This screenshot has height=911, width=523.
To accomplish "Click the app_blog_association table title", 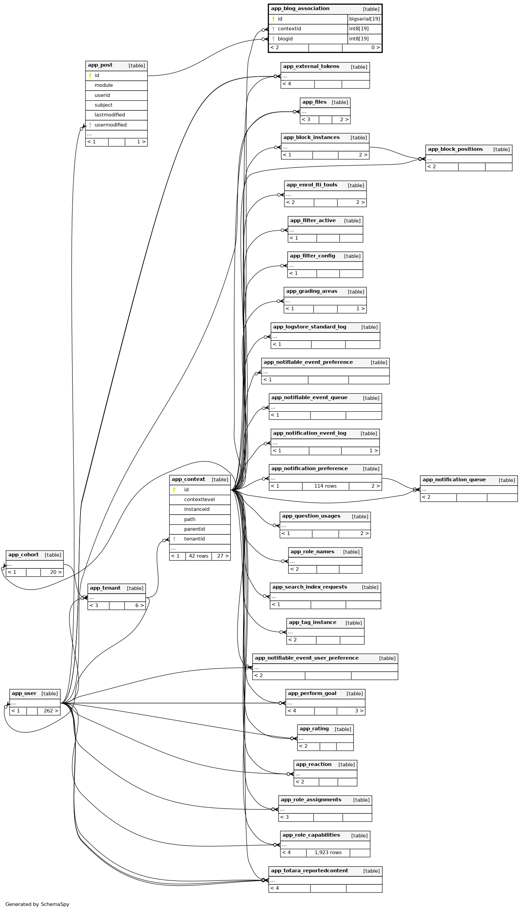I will tap(300, 9).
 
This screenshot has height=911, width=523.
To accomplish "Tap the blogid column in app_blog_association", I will tap(285, 39).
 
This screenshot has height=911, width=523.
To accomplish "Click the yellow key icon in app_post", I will tap(90, 76).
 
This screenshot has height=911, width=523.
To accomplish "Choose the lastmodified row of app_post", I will tap(109, 115).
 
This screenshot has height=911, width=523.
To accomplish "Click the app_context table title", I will tap(188, 479).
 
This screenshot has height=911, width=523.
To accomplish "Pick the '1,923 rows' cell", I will tap(328, 852).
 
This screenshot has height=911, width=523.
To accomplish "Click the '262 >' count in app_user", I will tap(51, 711).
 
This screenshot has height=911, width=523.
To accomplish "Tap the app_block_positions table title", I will tap(455, 149).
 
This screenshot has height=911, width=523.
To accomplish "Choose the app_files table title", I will tap(314, 102).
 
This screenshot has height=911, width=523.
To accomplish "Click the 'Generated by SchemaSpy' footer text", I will tap(37, 904).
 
